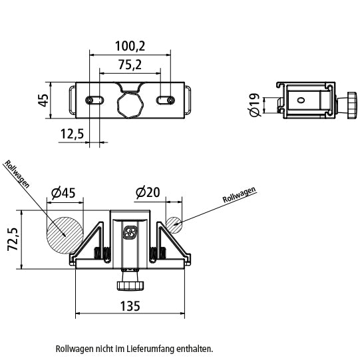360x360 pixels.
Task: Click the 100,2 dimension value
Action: (x=130, y=46)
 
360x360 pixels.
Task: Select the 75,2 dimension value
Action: (x=130, y=65)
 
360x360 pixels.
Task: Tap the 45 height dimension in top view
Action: (x=43, y=100)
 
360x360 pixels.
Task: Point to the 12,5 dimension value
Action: (x=71, y=134)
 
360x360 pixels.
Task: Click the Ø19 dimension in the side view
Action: (x=254, y=105)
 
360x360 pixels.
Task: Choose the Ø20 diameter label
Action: (x=147, y=193)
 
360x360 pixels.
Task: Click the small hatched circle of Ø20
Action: (x=174, y=224)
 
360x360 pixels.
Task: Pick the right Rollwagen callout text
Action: (x=239, y=195)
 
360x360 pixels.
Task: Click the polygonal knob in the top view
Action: (x=130, y=104)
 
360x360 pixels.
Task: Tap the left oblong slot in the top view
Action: (x=94, y=100)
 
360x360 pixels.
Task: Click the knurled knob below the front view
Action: (x=130, y=285)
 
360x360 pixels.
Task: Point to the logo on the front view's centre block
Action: (x=130, y=232)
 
